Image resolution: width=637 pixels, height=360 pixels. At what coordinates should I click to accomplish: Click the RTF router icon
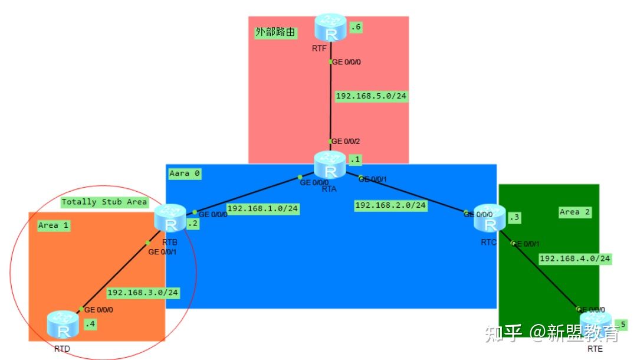[x=331, y=28]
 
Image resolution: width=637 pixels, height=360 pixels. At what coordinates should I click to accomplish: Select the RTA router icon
[x=330, y=165]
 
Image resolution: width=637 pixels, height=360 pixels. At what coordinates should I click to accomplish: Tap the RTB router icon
[x=170, y=218]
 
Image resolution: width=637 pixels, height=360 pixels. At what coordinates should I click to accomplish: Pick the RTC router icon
[x=490, y=218]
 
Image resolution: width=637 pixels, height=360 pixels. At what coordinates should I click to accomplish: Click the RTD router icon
[x=63, y=324]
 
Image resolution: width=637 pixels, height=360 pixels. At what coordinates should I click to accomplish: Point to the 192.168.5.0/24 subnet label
[x=371, y=96]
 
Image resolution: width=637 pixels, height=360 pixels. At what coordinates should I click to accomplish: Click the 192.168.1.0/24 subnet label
[x=263, y=209]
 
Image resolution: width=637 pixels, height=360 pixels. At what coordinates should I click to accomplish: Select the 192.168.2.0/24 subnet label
[x=390, y=205]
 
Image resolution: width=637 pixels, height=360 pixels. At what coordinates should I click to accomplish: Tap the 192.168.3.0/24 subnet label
[x=143, y=293]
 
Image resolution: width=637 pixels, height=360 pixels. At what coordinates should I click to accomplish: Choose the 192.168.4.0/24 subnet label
[x=575, y=259]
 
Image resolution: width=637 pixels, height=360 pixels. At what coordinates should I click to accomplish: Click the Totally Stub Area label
[x=104, y=202]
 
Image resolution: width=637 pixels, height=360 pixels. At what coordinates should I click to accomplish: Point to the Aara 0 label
[x=185, y=174]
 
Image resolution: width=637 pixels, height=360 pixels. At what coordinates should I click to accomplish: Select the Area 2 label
[x=575, y=212]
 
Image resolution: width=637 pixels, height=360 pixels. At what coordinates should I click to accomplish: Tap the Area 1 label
[x=53, y=225]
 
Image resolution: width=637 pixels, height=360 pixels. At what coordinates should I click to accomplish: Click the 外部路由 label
[x=275, y=32]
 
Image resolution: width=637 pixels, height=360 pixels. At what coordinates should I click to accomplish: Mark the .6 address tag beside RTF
[x=356, y=27]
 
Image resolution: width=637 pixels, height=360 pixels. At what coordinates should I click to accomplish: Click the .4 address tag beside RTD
[x=90, y=324]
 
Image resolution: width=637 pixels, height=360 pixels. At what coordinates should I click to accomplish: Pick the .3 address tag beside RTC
[x=514, y=217]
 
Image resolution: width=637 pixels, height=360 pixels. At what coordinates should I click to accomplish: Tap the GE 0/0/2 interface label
[x=346, y=142]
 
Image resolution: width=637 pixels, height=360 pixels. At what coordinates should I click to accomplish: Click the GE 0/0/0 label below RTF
[x=347, y=62]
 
